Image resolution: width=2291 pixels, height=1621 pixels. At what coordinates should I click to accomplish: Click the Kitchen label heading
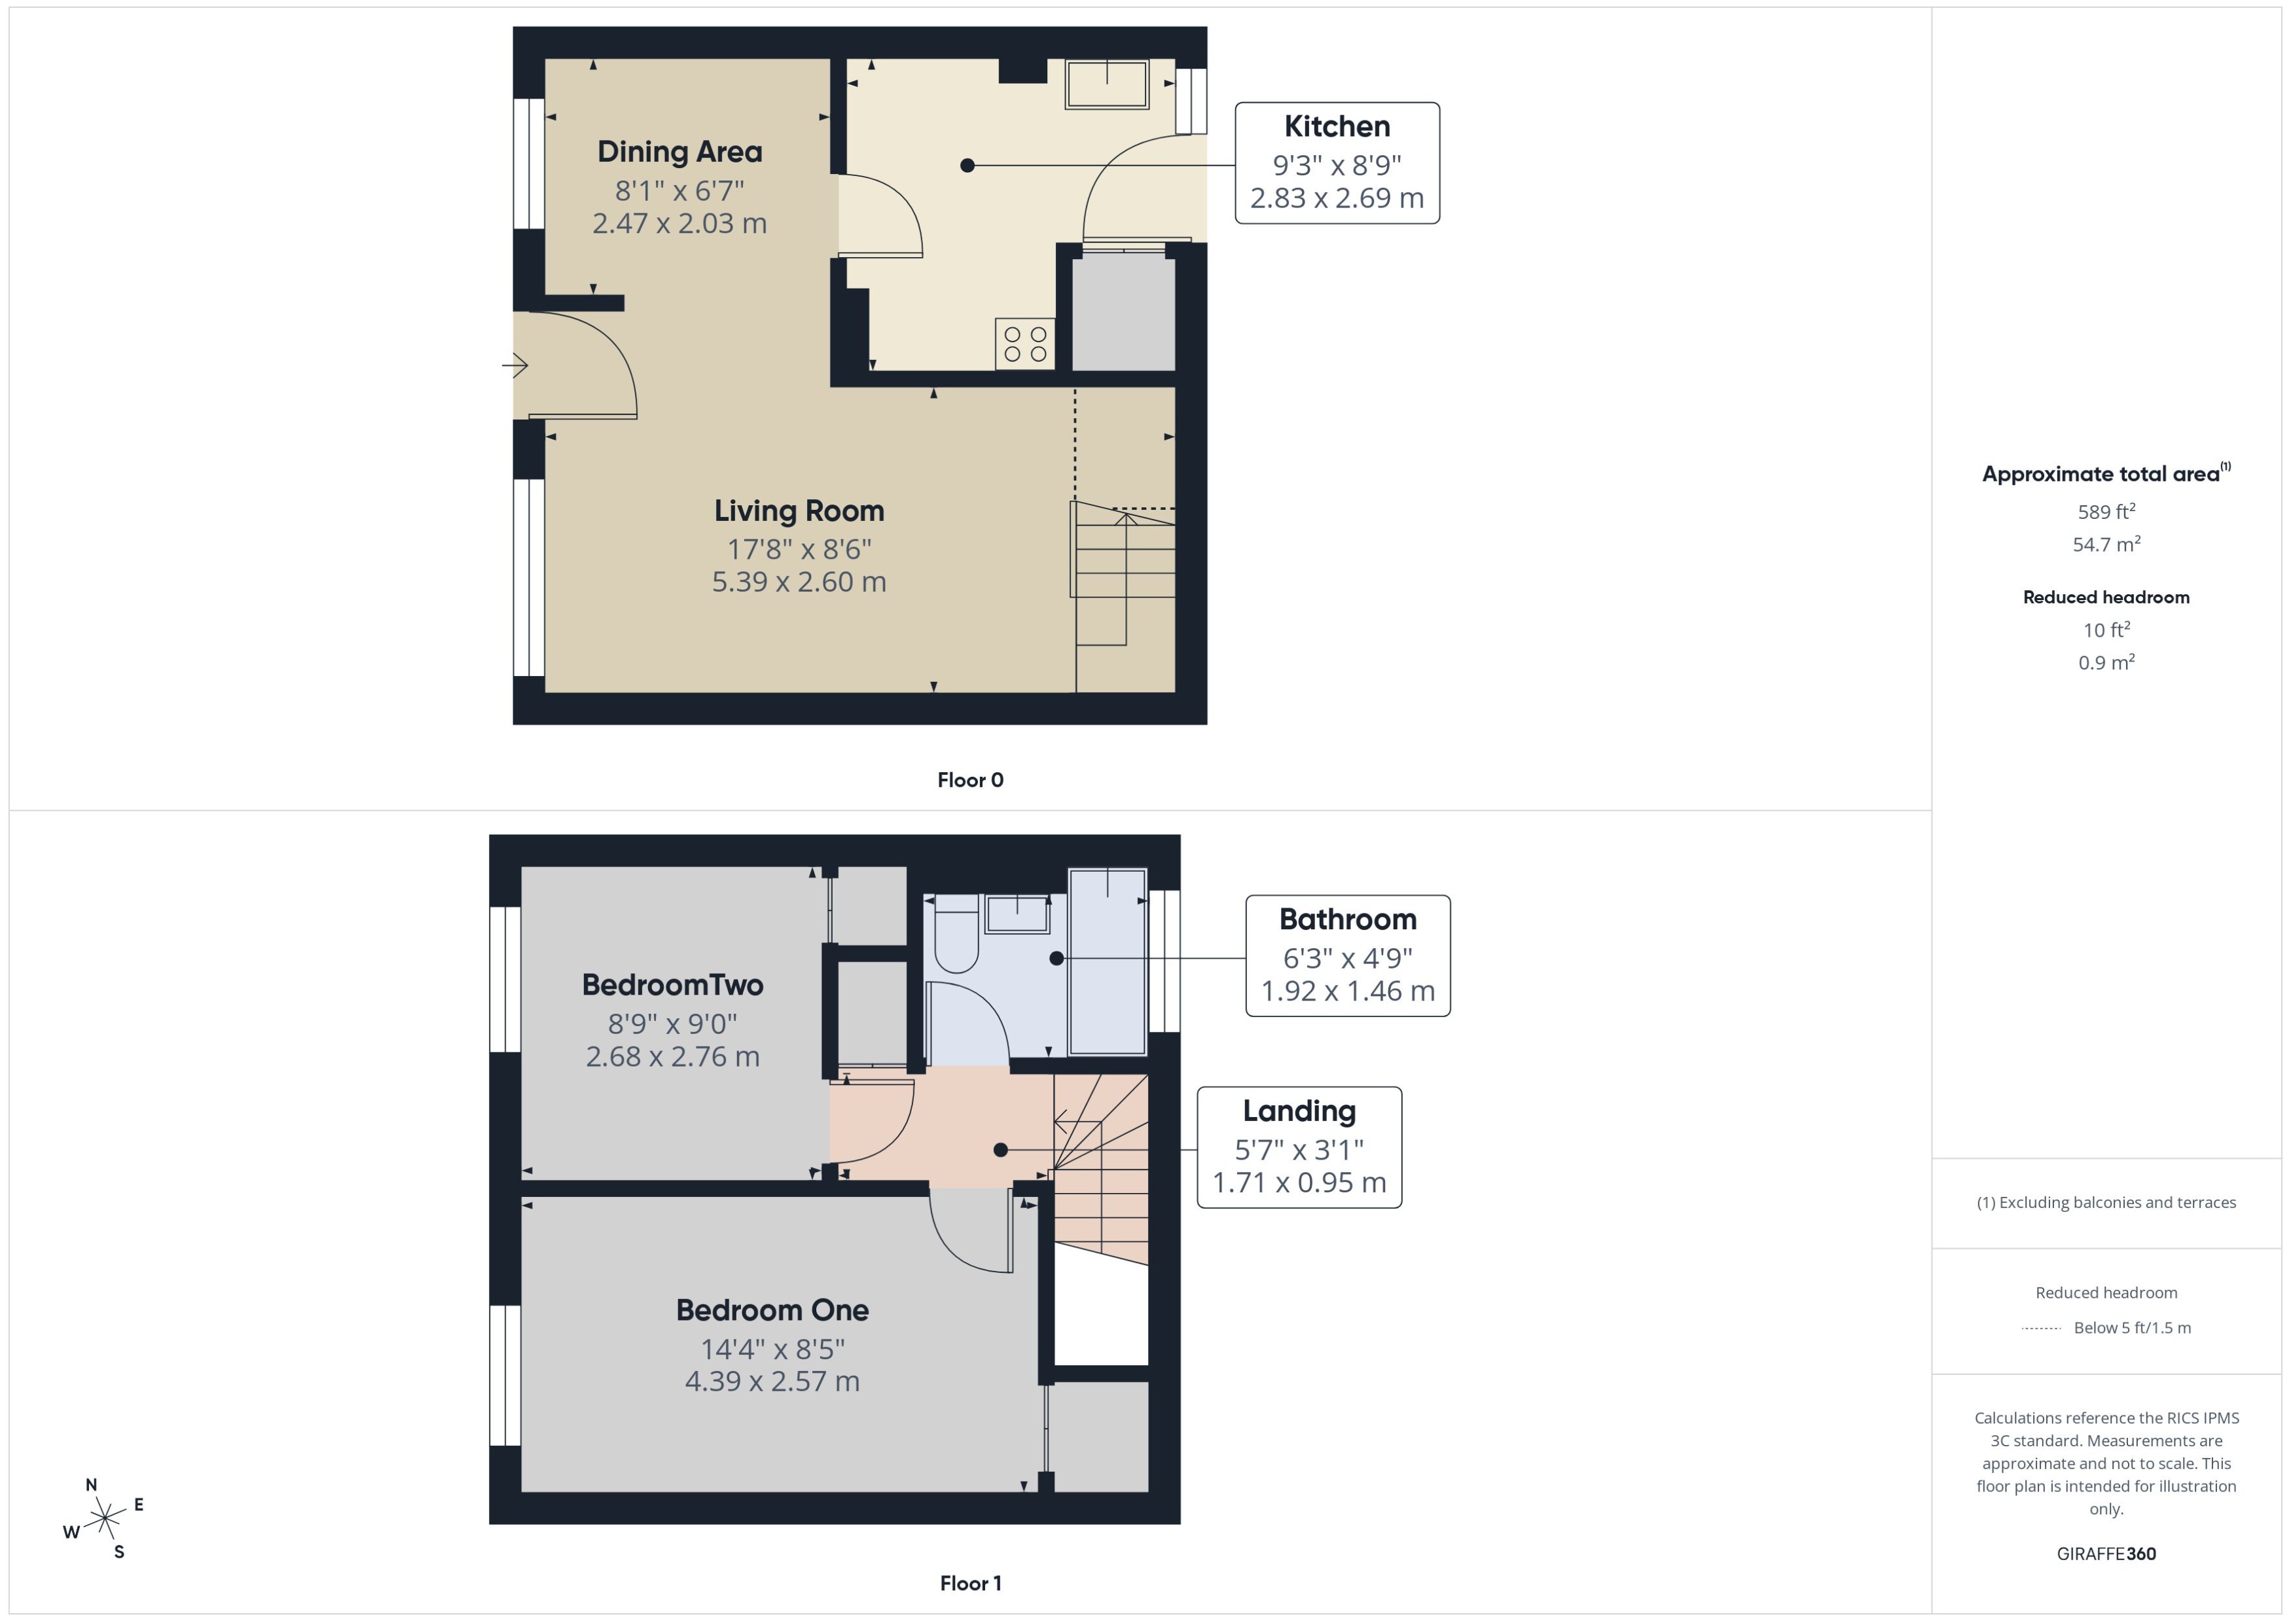tap(1336, 127)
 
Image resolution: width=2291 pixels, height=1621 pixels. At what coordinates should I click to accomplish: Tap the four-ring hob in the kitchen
tap(1024, 344)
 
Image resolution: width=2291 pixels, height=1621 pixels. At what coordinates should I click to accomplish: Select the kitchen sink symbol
tap(1106, 84)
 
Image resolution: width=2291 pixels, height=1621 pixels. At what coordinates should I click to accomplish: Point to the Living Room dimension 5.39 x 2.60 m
tap(799, 582)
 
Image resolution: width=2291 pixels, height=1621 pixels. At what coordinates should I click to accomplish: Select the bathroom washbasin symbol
tap(1017, 914)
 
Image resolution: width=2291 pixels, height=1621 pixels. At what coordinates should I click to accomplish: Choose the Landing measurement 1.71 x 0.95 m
tap(1299, 1183)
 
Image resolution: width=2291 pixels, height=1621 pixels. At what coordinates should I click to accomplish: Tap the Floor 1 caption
tap(969, 1583)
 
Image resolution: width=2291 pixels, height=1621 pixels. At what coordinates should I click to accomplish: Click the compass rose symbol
tap(104, 1519)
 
